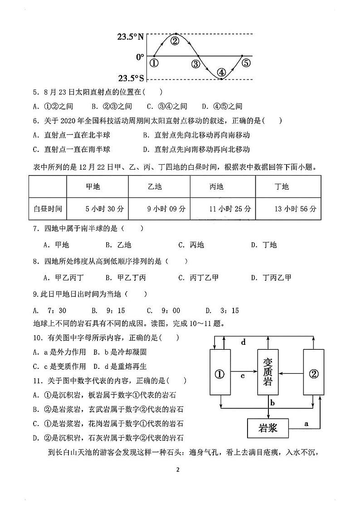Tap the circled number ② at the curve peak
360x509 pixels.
175,41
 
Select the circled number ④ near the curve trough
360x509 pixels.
221,72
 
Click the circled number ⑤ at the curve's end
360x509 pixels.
246,63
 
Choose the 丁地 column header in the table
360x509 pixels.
282,186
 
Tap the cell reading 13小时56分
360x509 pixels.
295,209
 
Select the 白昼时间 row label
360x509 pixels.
48,209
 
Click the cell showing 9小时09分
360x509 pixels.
166,209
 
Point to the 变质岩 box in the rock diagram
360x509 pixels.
268,372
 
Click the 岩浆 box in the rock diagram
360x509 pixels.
268,427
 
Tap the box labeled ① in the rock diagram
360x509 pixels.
220,374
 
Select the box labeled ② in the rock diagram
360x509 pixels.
314,374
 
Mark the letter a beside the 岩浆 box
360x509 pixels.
306,423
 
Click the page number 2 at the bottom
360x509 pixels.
178,470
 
